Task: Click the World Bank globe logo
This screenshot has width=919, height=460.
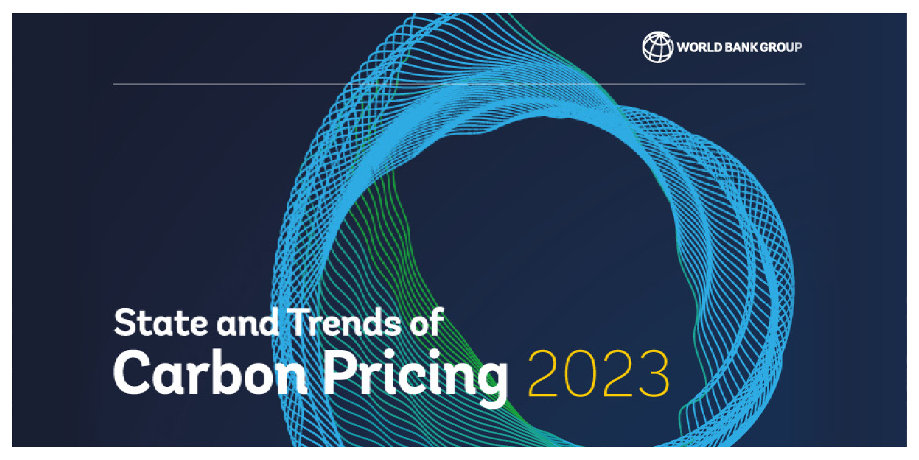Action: click(x=658, y=47)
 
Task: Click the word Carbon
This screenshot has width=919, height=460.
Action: click(x=211, y=372)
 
